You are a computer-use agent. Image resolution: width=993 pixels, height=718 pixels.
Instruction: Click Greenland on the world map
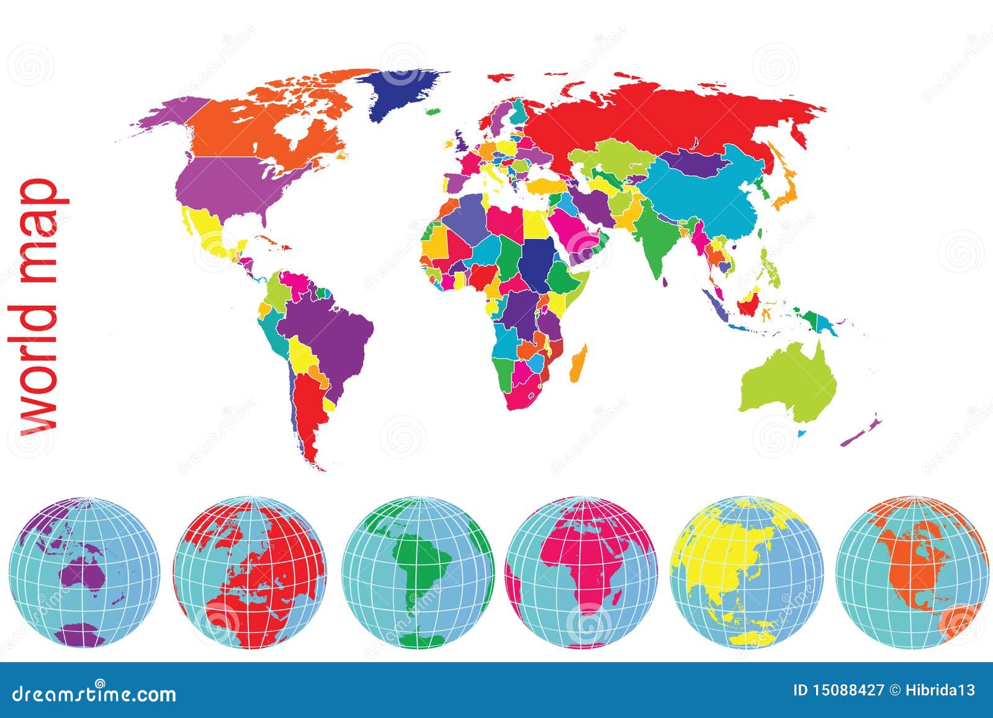403,93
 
